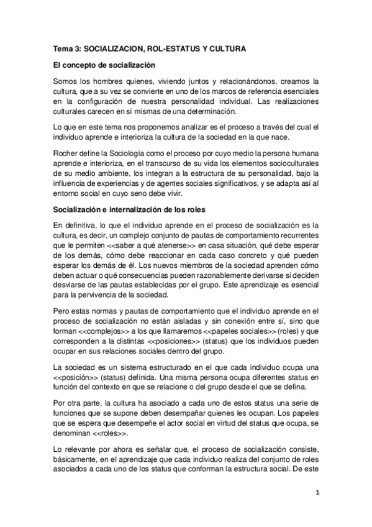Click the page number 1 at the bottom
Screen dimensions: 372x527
[317, 494]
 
